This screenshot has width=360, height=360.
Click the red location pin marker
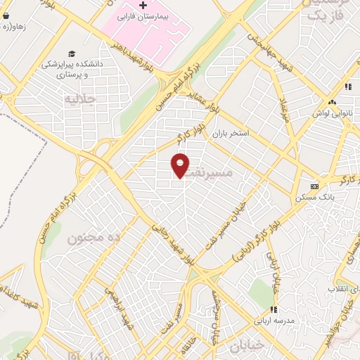181,165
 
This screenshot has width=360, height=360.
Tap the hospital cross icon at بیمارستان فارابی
143,6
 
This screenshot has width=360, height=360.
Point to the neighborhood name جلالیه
79,98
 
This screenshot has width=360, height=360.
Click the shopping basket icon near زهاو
6,15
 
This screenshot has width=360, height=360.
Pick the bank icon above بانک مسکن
314,186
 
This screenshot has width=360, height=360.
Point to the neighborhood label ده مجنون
94,238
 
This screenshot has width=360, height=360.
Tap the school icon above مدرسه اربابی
272,309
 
